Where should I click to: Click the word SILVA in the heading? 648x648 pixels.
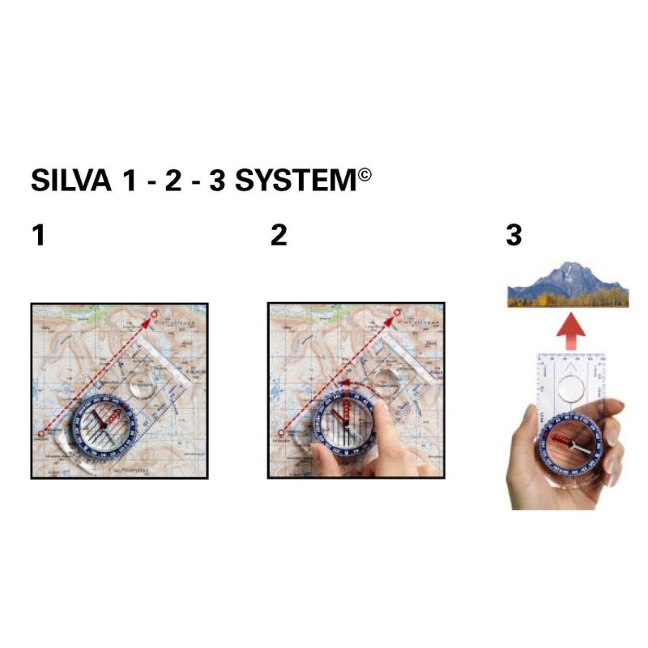(x=70, y=181)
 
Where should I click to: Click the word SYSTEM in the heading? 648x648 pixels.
(x=295, y=181)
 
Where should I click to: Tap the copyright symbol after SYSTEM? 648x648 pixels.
(x=364, y=173)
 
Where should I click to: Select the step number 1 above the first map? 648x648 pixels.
(x=38, y=236)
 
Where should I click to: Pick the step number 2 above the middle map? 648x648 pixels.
(x=279, y=236)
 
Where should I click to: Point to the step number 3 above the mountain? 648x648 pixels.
(x=514, y=236)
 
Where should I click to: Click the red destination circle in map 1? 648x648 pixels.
(x=155, y=312)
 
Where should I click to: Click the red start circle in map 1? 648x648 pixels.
(x=41, y=435)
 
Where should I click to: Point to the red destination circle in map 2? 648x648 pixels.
(x=391, y=312)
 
